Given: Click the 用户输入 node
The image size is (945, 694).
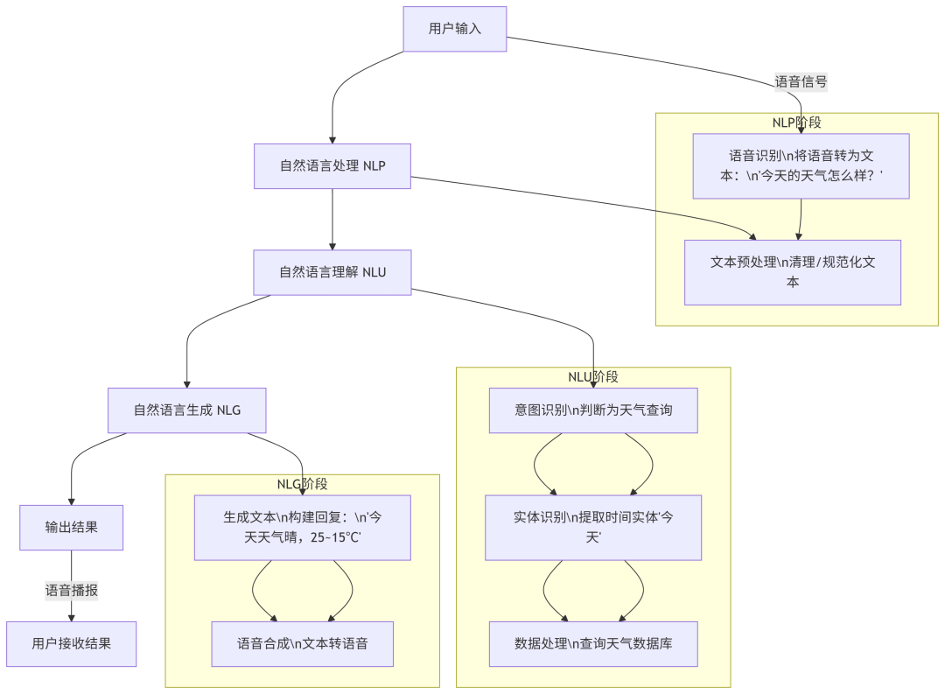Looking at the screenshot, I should [455, 29].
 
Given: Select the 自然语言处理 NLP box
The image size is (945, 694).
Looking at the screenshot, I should [332, 166].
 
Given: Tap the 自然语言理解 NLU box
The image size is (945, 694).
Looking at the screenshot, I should [332, 272].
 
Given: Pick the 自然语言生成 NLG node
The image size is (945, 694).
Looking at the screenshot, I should [186, 410].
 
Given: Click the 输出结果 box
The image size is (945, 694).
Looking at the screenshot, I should [72, 527].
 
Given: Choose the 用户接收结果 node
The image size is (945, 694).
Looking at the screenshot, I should [72, 644].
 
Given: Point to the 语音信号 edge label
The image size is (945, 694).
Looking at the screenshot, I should [801, 81].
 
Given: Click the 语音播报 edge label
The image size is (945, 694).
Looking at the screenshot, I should [72, 591].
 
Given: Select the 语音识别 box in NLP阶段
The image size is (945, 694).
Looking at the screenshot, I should [801, 166].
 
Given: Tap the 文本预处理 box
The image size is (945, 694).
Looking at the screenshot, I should [793, 272].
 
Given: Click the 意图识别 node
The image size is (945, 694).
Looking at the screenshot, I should [593, 410].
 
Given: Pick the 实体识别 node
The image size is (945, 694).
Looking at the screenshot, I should [593, 527].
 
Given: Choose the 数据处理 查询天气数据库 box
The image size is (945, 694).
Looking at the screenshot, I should [593, 644].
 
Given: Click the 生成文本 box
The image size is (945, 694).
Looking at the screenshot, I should [303, 527].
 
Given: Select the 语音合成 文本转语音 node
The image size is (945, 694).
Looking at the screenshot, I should [303, 644].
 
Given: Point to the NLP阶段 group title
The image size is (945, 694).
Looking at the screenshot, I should [796, 123].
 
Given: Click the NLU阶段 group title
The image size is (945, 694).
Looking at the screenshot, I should [593, 377].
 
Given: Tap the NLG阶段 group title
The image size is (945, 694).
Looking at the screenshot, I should [303, 484].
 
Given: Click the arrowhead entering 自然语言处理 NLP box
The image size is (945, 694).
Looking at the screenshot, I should [332, 139].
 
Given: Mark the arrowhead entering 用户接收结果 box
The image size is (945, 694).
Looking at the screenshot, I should [72, 617].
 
